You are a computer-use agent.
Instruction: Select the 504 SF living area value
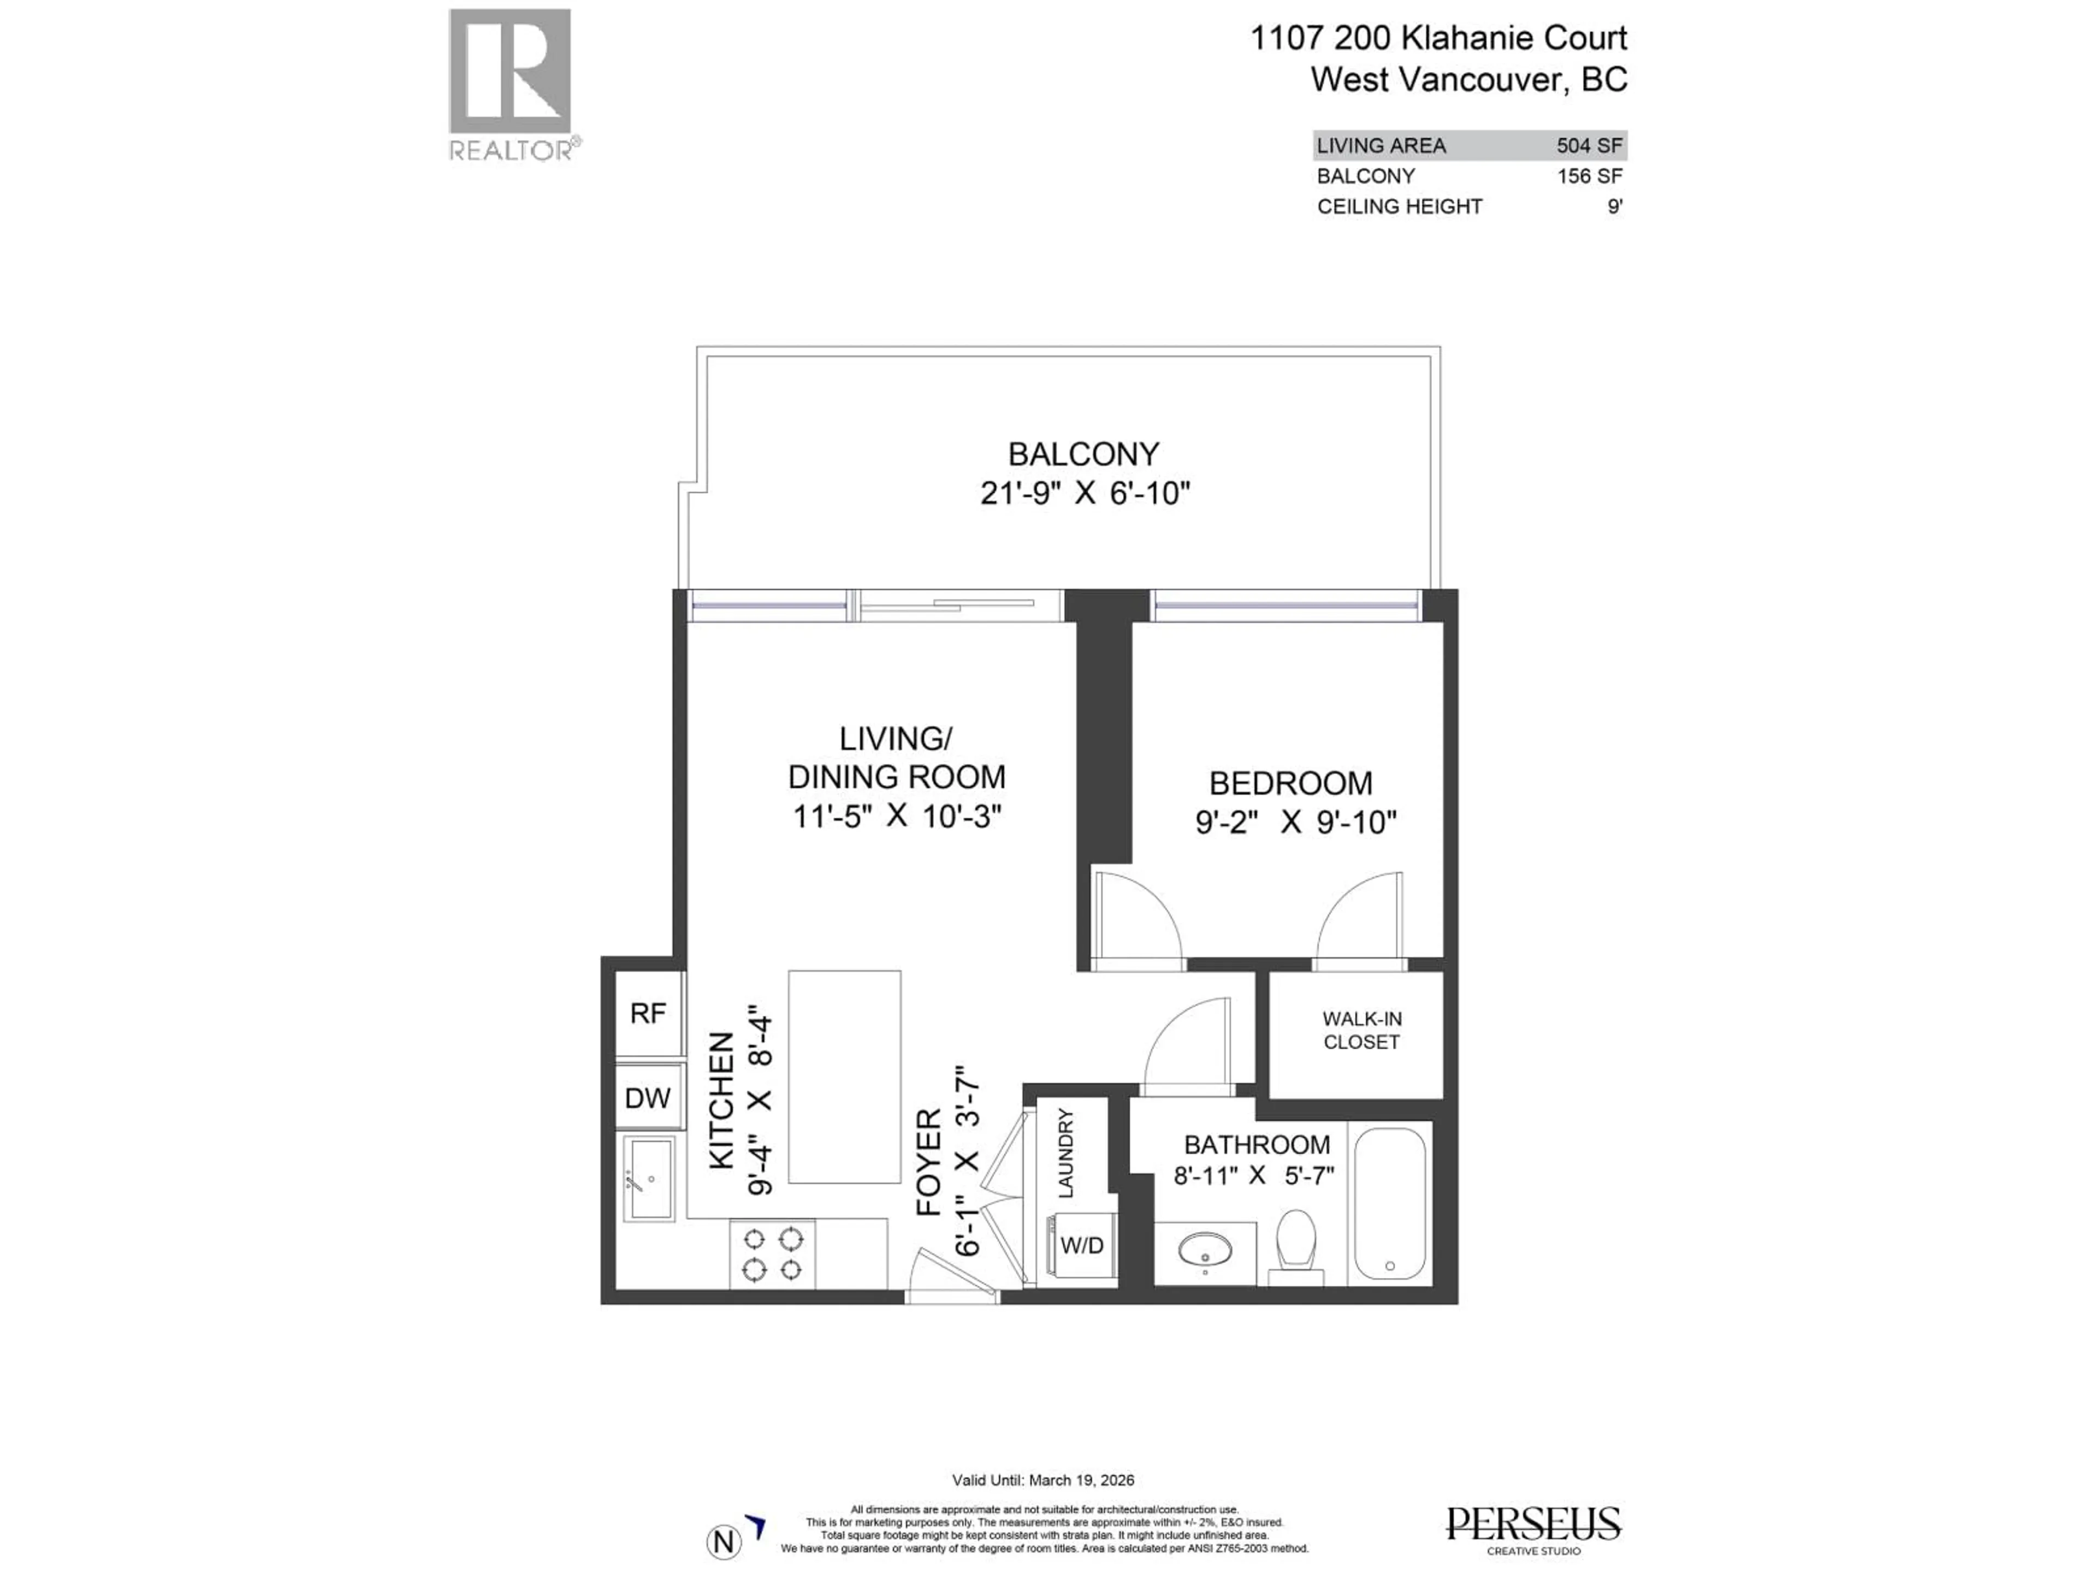tap(1590, 146)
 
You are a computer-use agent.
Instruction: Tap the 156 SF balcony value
tap(1590, 176)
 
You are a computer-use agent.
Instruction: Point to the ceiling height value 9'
tap(1614, 206)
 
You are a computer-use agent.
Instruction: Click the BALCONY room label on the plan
tap(1082, 455)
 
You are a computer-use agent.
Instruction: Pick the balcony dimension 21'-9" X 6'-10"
tap(1085, 494)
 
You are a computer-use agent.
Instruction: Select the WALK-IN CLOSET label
tap(1361, 1031)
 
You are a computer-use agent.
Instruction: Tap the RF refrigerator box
tap(648, 1014)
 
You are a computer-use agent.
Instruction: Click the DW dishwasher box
tap(648, 1098)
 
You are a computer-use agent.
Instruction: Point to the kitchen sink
tap(649, 1180)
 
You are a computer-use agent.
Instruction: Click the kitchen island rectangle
tap(844, 1076)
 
